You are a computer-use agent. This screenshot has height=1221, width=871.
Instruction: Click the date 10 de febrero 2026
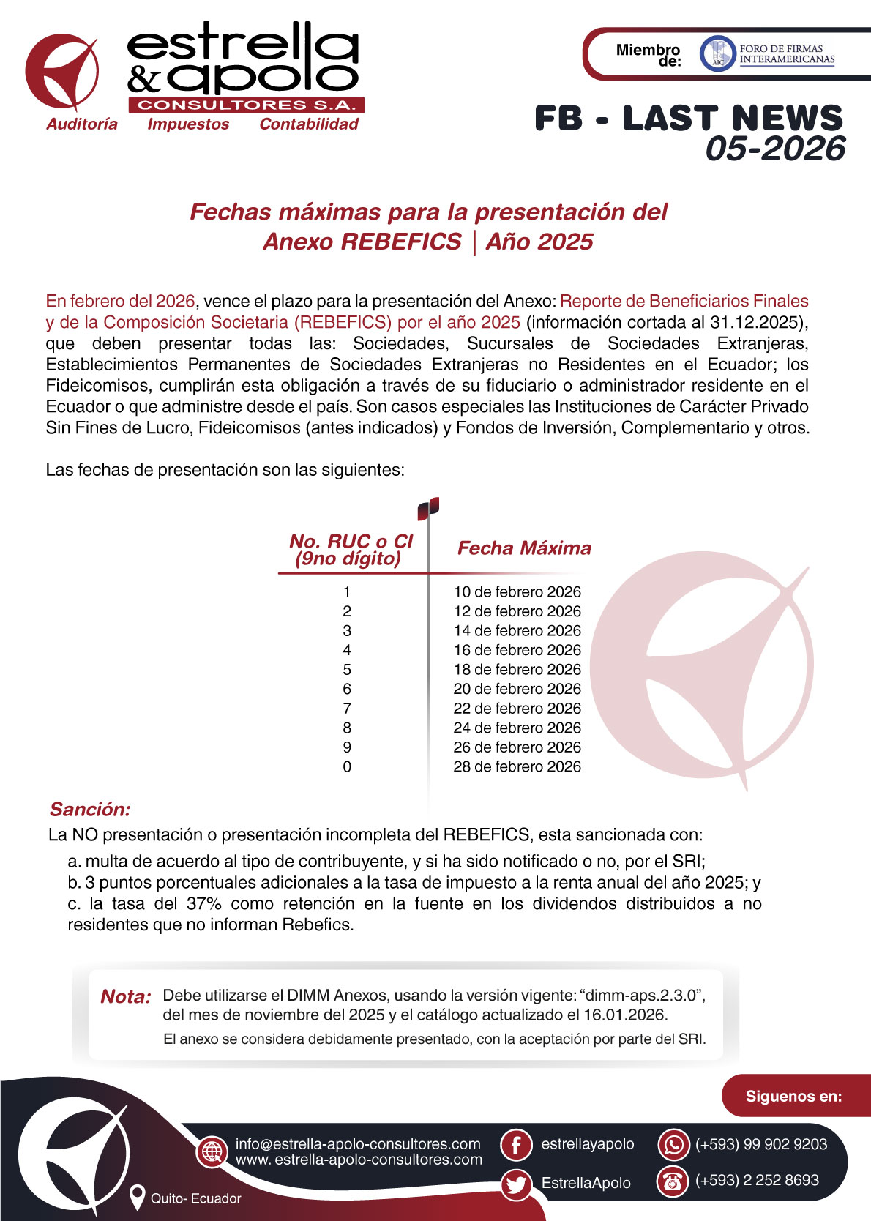point(517,591)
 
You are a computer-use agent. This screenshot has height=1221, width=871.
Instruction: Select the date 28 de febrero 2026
point(517,766)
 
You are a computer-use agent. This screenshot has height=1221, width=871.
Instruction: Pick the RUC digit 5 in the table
point(347,669)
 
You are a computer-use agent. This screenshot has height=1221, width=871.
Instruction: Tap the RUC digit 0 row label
point(347,766)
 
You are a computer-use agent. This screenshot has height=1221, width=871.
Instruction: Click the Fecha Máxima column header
point(524,548)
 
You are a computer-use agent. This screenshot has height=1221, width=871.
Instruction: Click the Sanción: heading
point(90,809)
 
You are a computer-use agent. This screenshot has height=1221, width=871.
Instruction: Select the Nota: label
point(126,996)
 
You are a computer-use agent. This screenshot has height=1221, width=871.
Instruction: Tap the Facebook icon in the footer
point(516,1145)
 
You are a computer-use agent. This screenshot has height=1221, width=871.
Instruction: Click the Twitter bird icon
point(516,1184)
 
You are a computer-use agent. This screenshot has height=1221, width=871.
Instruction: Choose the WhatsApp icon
point(673,1145)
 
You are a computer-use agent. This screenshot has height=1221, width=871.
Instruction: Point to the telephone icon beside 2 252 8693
point(673,1181)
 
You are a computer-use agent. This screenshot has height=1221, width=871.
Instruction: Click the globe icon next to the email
point(212,1151)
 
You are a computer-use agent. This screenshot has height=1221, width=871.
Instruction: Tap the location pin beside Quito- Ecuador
point(136,1198)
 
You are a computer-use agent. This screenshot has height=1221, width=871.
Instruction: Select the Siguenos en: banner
point(793,1096)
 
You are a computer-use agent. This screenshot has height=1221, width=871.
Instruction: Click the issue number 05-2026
point(775,149)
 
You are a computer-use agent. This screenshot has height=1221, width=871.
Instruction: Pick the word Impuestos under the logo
point(188,124)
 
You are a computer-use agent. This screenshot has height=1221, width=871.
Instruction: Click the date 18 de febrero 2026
point(517,669)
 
